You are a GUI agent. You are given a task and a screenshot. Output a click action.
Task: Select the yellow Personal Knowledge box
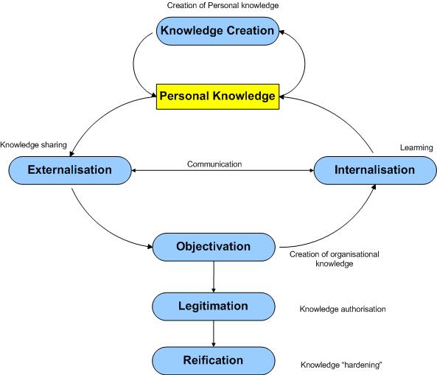coord(217,97)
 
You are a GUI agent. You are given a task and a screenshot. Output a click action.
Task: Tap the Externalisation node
coord(70,170)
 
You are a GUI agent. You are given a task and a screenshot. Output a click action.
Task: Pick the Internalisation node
coord(374,170)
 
